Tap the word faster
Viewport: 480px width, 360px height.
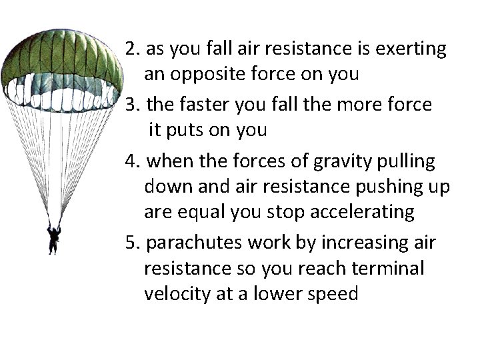(x=203, y=105)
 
